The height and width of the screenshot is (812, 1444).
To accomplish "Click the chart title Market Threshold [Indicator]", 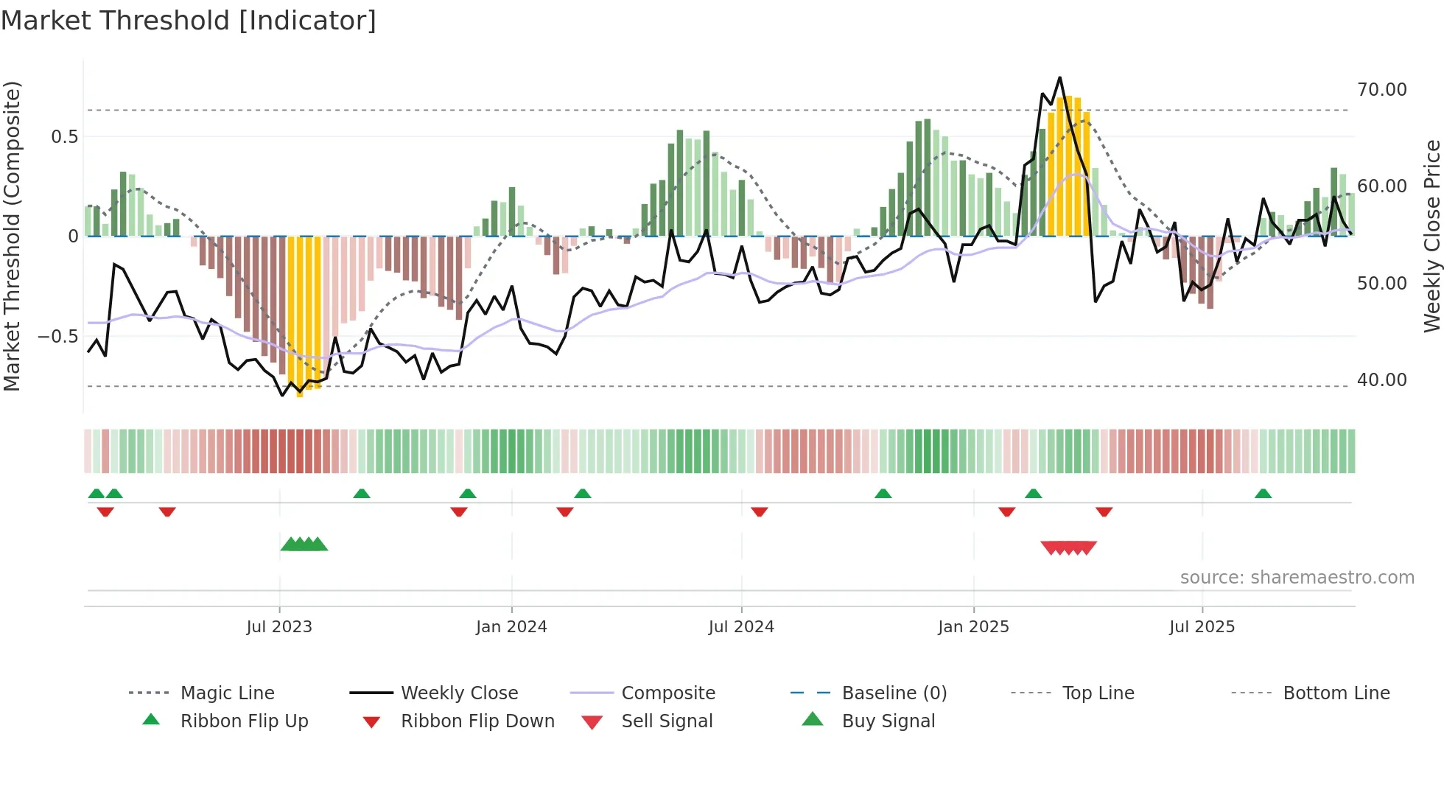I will pyautogui.click(x=189, y=21).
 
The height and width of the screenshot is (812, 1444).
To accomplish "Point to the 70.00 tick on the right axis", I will pyautogui.click(x=1381, y=90).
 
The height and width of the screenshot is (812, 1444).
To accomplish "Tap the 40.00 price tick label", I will pyautogui.click(x=1381, y=380).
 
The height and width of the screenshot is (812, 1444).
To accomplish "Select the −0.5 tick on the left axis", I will pyautogui.click(x=57, y=337).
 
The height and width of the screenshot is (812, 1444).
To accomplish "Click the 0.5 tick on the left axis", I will pyautogui.click(x=64, y=137).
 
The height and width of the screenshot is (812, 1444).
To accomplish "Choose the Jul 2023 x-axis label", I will pyautogui.click(x=279, y=627).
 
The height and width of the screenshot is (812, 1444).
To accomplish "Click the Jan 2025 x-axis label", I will pyautogui.click(x=973, y=627).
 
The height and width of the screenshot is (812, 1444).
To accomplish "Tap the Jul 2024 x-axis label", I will pyautogui.click(x=741, y=627).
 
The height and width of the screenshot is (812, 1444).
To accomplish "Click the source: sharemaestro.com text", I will pyautogui.click(x=1297, y=578).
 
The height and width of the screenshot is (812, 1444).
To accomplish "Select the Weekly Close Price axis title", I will pyautogui.click(x=1431, y=236).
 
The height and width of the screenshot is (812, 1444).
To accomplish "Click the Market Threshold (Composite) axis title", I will pyautogui.click(x=12, y=236).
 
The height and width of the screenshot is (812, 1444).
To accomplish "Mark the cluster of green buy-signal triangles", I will pyautogui.click(x=304, y=545).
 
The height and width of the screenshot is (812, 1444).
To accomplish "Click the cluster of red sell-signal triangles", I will pyautogui.click(x=1068, y=547).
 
